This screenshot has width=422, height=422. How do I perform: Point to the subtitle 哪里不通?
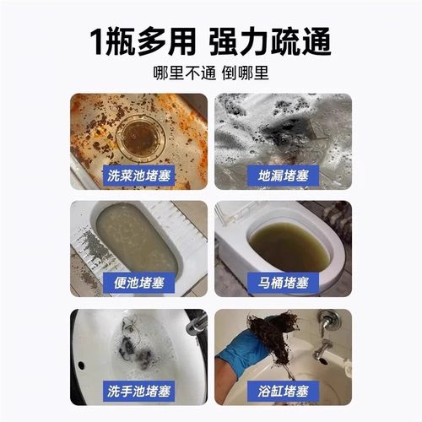pos(178,73)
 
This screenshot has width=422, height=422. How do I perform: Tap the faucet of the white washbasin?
pos(196,322)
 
